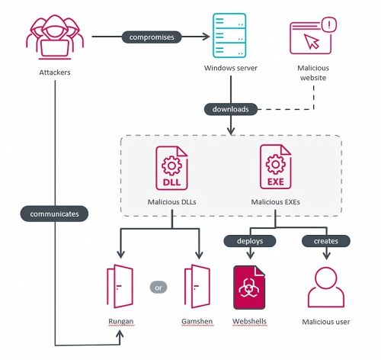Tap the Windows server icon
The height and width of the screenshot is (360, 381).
coord(230,36)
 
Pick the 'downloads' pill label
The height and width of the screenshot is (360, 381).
coord(230,109)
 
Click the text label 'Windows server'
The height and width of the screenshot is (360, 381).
coord(230,69)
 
